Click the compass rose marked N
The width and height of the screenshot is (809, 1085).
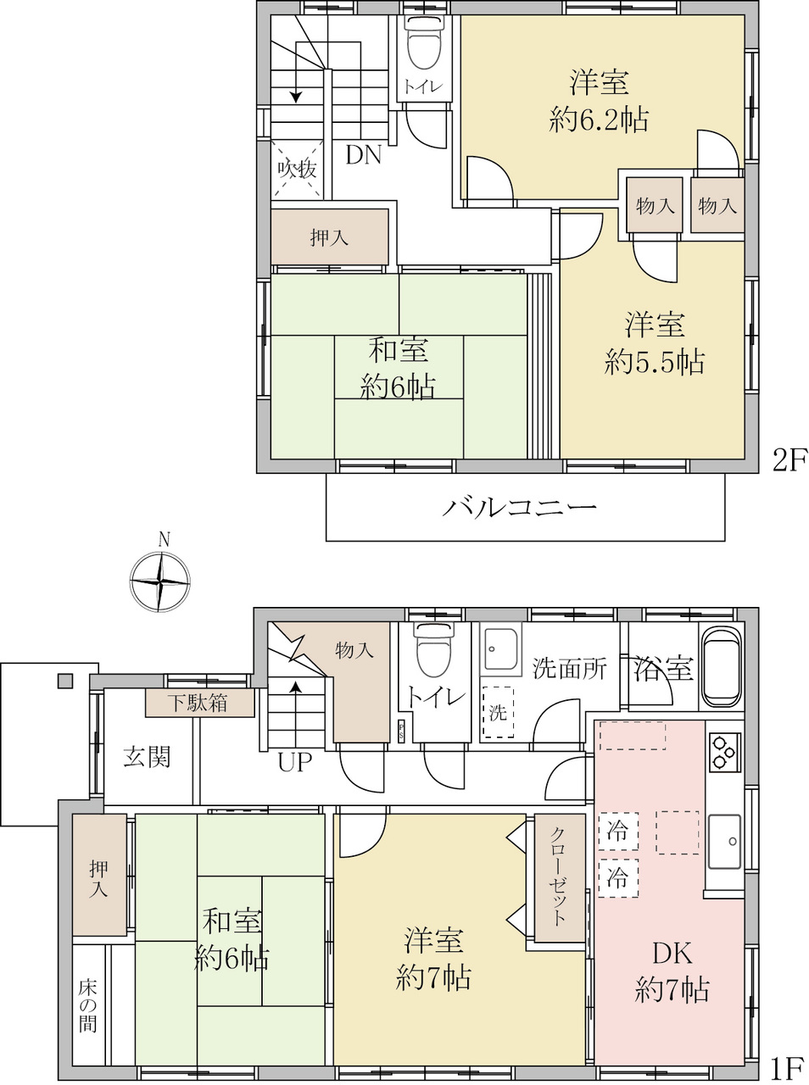point(159,581)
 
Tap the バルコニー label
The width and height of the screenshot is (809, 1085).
point(519,507)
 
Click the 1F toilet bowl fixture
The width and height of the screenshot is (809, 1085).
point(433,649)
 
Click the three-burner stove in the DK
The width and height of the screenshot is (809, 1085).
point(724,752)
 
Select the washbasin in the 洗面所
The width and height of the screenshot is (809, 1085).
point(501,650)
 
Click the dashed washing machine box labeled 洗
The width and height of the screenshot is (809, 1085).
point(498,712)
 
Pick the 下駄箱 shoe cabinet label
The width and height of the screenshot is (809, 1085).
point(197,703)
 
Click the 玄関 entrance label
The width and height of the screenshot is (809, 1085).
point(147,757)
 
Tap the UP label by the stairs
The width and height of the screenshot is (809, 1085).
point(295,762)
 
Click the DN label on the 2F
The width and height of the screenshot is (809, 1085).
point(364,155)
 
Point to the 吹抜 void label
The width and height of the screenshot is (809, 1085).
point(297,170)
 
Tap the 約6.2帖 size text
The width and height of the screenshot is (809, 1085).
point(599,120)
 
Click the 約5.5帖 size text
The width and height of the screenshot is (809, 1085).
point(654,362)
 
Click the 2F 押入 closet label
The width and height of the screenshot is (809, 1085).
point(329,237)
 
